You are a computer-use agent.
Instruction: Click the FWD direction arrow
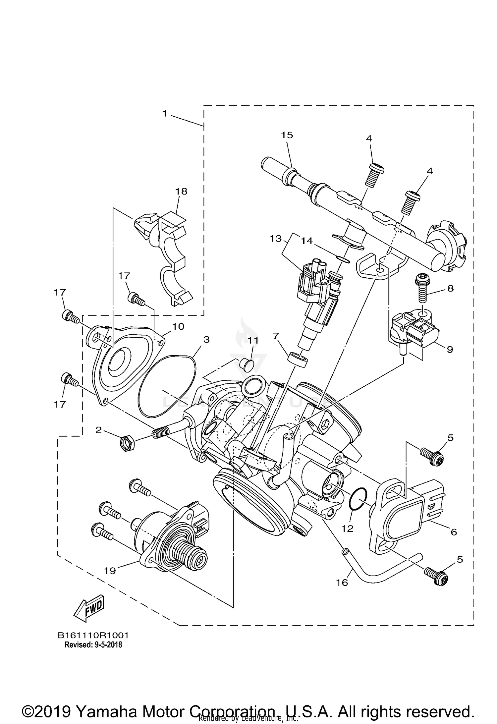click(x=89, y=609)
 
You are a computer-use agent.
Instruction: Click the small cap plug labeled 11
click(x=246, y=364)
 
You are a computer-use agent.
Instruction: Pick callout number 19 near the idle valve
click(x=110, y=570)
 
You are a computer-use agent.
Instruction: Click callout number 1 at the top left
click(x=165, y=114)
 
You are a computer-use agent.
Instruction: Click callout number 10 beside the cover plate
click(x=178, y=326)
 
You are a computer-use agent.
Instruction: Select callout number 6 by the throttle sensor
click(x=454, y=532)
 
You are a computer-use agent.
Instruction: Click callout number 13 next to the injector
click(x=275, y=239)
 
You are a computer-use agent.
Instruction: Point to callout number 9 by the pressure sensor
click(x=450, y=350)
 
